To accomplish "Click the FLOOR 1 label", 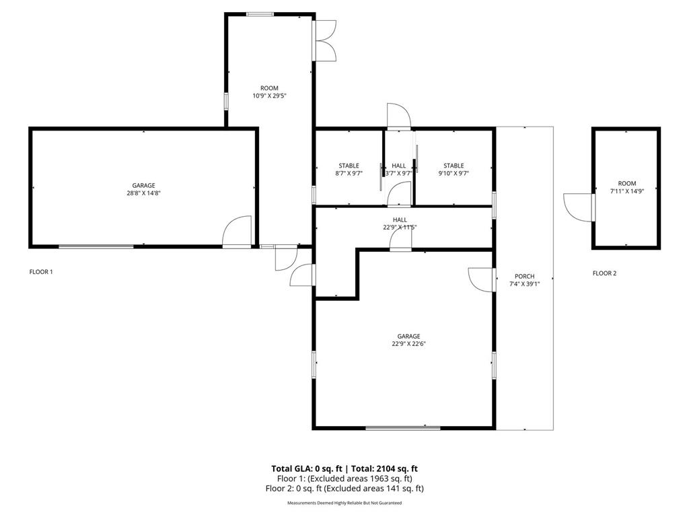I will tap(40, 272).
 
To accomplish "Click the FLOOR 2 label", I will tap(604, 273).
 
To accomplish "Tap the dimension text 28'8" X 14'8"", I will tap(143, 193).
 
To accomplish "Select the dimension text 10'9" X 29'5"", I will tap(269, 96).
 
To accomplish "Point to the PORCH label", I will tap(524, 276).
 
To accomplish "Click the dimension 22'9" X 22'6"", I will tap(408, 344).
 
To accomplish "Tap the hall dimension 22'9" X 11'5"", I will tap(400, 228).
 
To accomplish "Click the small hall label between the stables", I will tap(399, 166).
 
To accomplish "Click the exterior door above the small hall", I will tap(398, 116).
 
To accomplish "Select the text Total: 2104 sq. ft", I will tap(384, 469).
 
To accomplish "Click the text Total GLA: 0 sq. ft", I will tap(306, 469).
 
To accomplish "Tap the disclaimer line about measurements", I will tap(344, 503).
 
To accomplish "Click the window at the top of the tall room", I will tap(260, 13).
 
